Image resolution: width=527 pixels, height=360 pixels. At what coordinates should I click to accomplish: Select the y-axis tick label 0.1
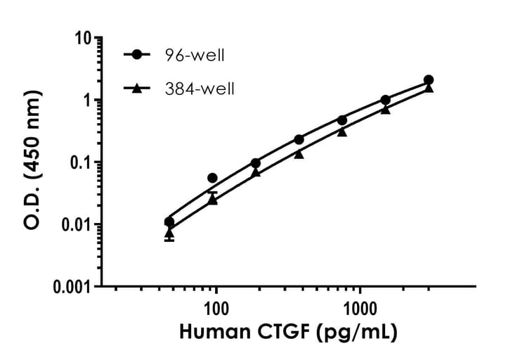(83, 162)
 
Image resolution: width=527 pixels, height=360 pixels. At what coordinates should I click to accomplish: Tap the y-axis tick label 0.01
(78, 224)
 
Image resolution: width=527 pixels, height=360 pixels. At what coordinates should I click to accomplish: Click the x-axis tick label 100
(216, 307)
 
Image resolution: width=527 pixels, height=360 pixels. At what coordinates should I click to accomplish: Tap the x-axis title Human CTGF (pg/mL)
(289, 331)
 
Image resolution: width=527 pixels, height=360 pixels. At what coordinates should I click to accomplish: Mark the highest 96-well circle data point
(429, 80)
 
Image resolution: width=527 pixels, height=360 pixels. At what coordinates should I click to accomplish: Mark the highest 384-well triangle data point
(429, 88)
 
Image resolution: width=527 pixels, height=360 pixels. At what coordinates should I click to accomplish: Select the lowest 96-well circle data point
(169, 222)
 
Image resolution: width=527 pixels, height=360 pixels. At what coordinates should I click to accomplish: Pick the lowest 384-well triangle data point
(169, 232)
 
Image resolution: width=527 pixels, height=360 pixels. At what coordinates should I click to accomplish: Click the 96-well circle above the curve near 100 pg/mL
(213, 178)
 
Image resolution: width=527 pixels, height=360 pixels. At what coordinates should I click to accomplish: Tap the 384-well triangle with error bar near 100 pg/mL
(213, 200)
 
